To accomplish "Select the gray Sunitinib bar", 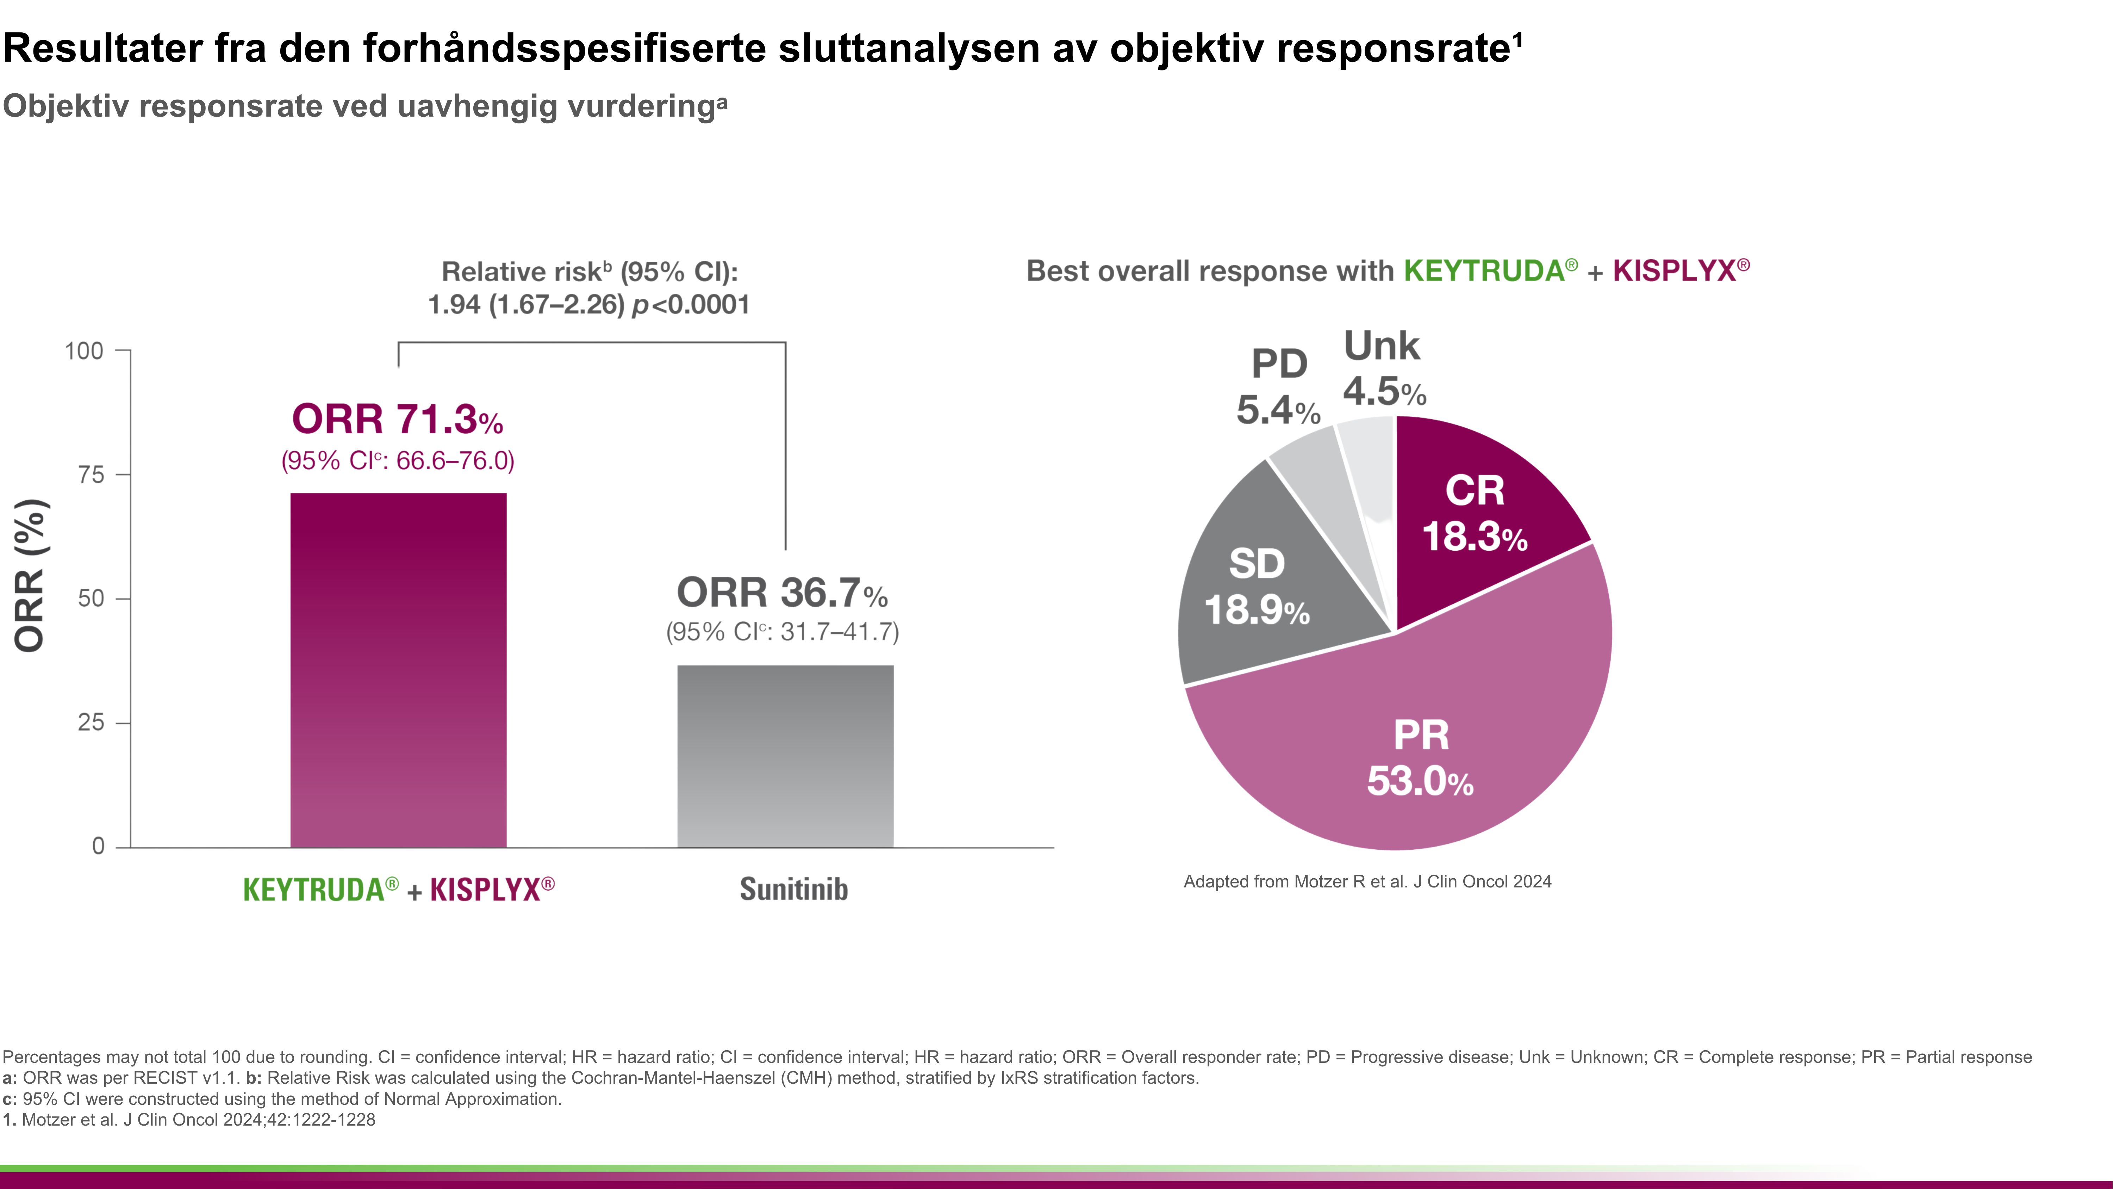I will [x=785, y=755].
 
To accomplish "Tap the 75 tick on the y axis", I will [x=91, y=474].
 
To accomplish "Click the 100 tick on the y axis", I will [x=85, y=351].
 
